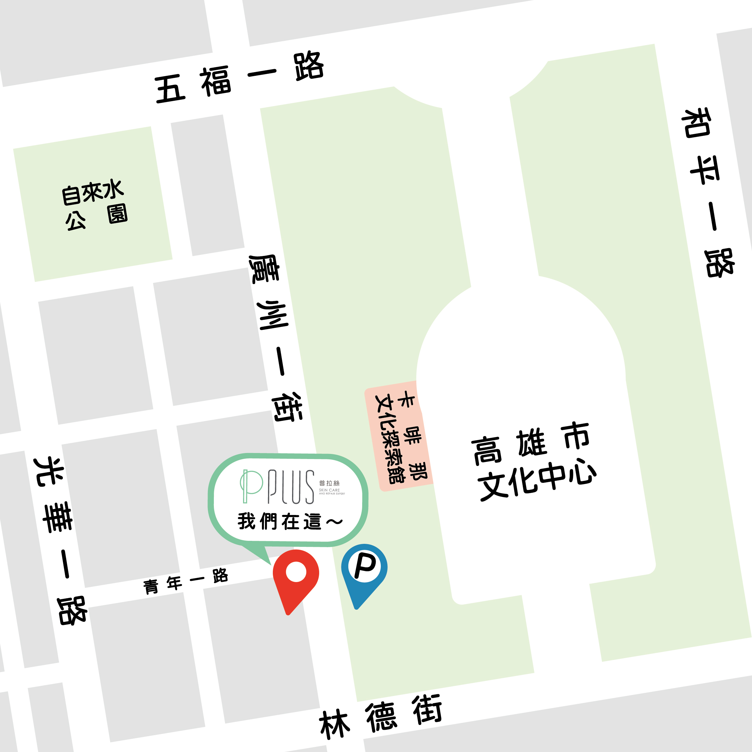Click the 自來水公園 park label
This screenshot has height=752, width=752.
[x=94, y=204]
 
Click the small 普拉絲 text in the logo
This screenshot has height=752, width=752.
[x=329, y=483]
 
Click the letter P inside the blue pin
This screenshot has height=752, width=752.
[x=365, y=566]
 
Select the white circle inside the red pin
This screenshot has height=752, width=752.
[x=296, y=572]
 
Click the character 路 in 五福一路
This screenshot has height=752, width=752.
[x=309, y=66]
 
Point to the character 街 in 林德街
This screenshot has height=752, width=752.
[x=427, y=709]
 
